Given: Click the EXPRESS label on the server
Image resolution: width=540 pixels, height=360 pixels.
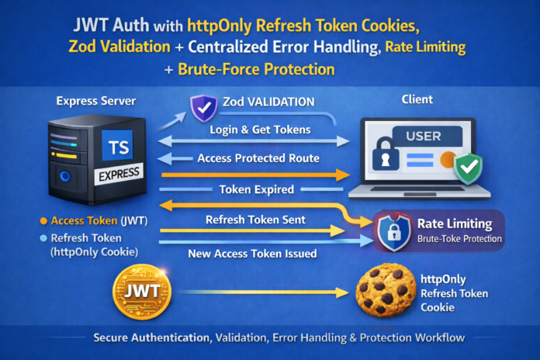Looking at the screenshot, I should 117,175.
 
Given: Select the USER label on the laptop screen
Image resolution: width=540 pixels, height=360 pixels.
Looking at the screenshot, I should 423,137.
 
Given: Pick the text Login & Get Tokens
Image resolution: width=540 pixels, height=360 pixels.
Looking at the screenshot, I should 254,130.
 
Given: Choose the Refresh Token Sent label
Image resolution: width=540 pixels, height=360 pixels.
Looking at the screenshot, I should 255,220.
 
